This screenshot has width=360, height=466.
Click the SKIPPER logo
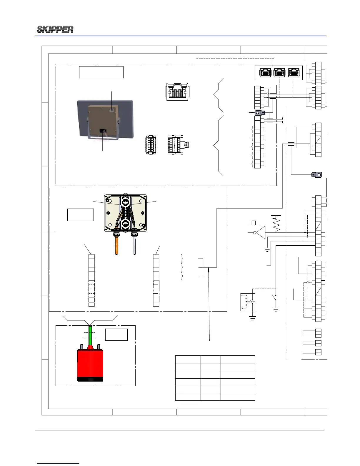click(x=55, y=29)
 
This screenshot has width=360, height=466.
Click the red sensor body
click(x=90, y=363)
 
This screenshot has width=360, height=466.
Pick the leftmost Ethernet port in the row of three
click(x=265, y=73)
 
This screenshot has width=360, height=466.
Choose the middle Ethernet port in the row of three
click(x=279, y=73)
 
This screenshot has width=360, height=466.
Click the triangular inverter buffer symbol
click(x=261, y=232)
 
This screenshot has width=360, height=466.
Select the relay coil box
click(x=248, y=302)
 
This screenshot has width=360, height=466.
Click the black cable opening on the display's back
click(x=103, y=130)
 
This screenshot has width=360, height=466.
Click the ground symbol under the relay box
click(x=252, y=318)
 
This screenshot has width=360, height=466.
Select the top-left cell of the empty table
click(x=188, y=360)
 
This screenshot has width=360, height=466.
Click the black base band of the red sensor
click(x=90, y=380)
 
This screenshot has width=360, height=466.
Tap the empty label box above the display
click(x=101, y=72)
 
